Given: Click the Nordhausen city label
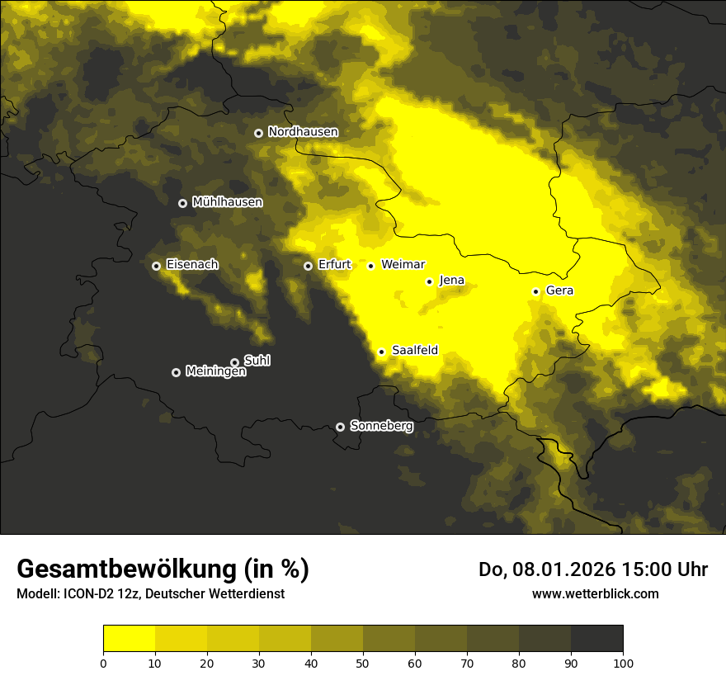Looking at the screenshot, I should (303, 132).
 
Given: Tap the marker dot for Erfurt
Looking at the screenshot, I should (308, 266).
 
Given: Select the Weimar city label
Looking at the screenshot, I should (403, 264).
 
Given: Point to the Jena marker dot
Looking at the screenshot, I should (429, 281).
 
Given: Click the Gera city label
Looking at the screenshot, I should (559, 291).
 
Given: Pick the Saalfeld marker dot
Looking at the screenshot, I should (381, 352).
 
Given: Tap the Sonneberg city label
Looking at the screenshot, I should (381, 426).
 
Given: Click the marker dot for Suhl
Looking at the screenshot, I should (234, 362).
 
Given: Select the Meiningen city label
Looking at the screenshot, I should (215, 371).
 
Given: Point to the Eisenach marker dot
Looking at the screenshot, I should (156, 266).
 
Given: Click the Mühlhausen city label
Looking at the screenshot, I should (227, 201).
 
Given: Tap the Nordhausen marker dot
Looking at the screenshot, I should (258, 133).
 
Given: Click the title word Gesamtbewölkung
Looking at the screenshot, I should (127, 569).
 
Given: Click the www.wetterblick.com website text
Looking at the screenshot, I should (595, 593).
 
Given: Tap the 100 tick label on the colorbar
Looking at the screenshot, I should (623, 663).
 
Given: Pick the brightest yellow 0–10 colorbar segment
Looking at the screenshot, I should (129, 638).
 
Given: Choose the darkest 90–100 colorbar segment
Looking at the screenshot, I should (596, 638).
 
